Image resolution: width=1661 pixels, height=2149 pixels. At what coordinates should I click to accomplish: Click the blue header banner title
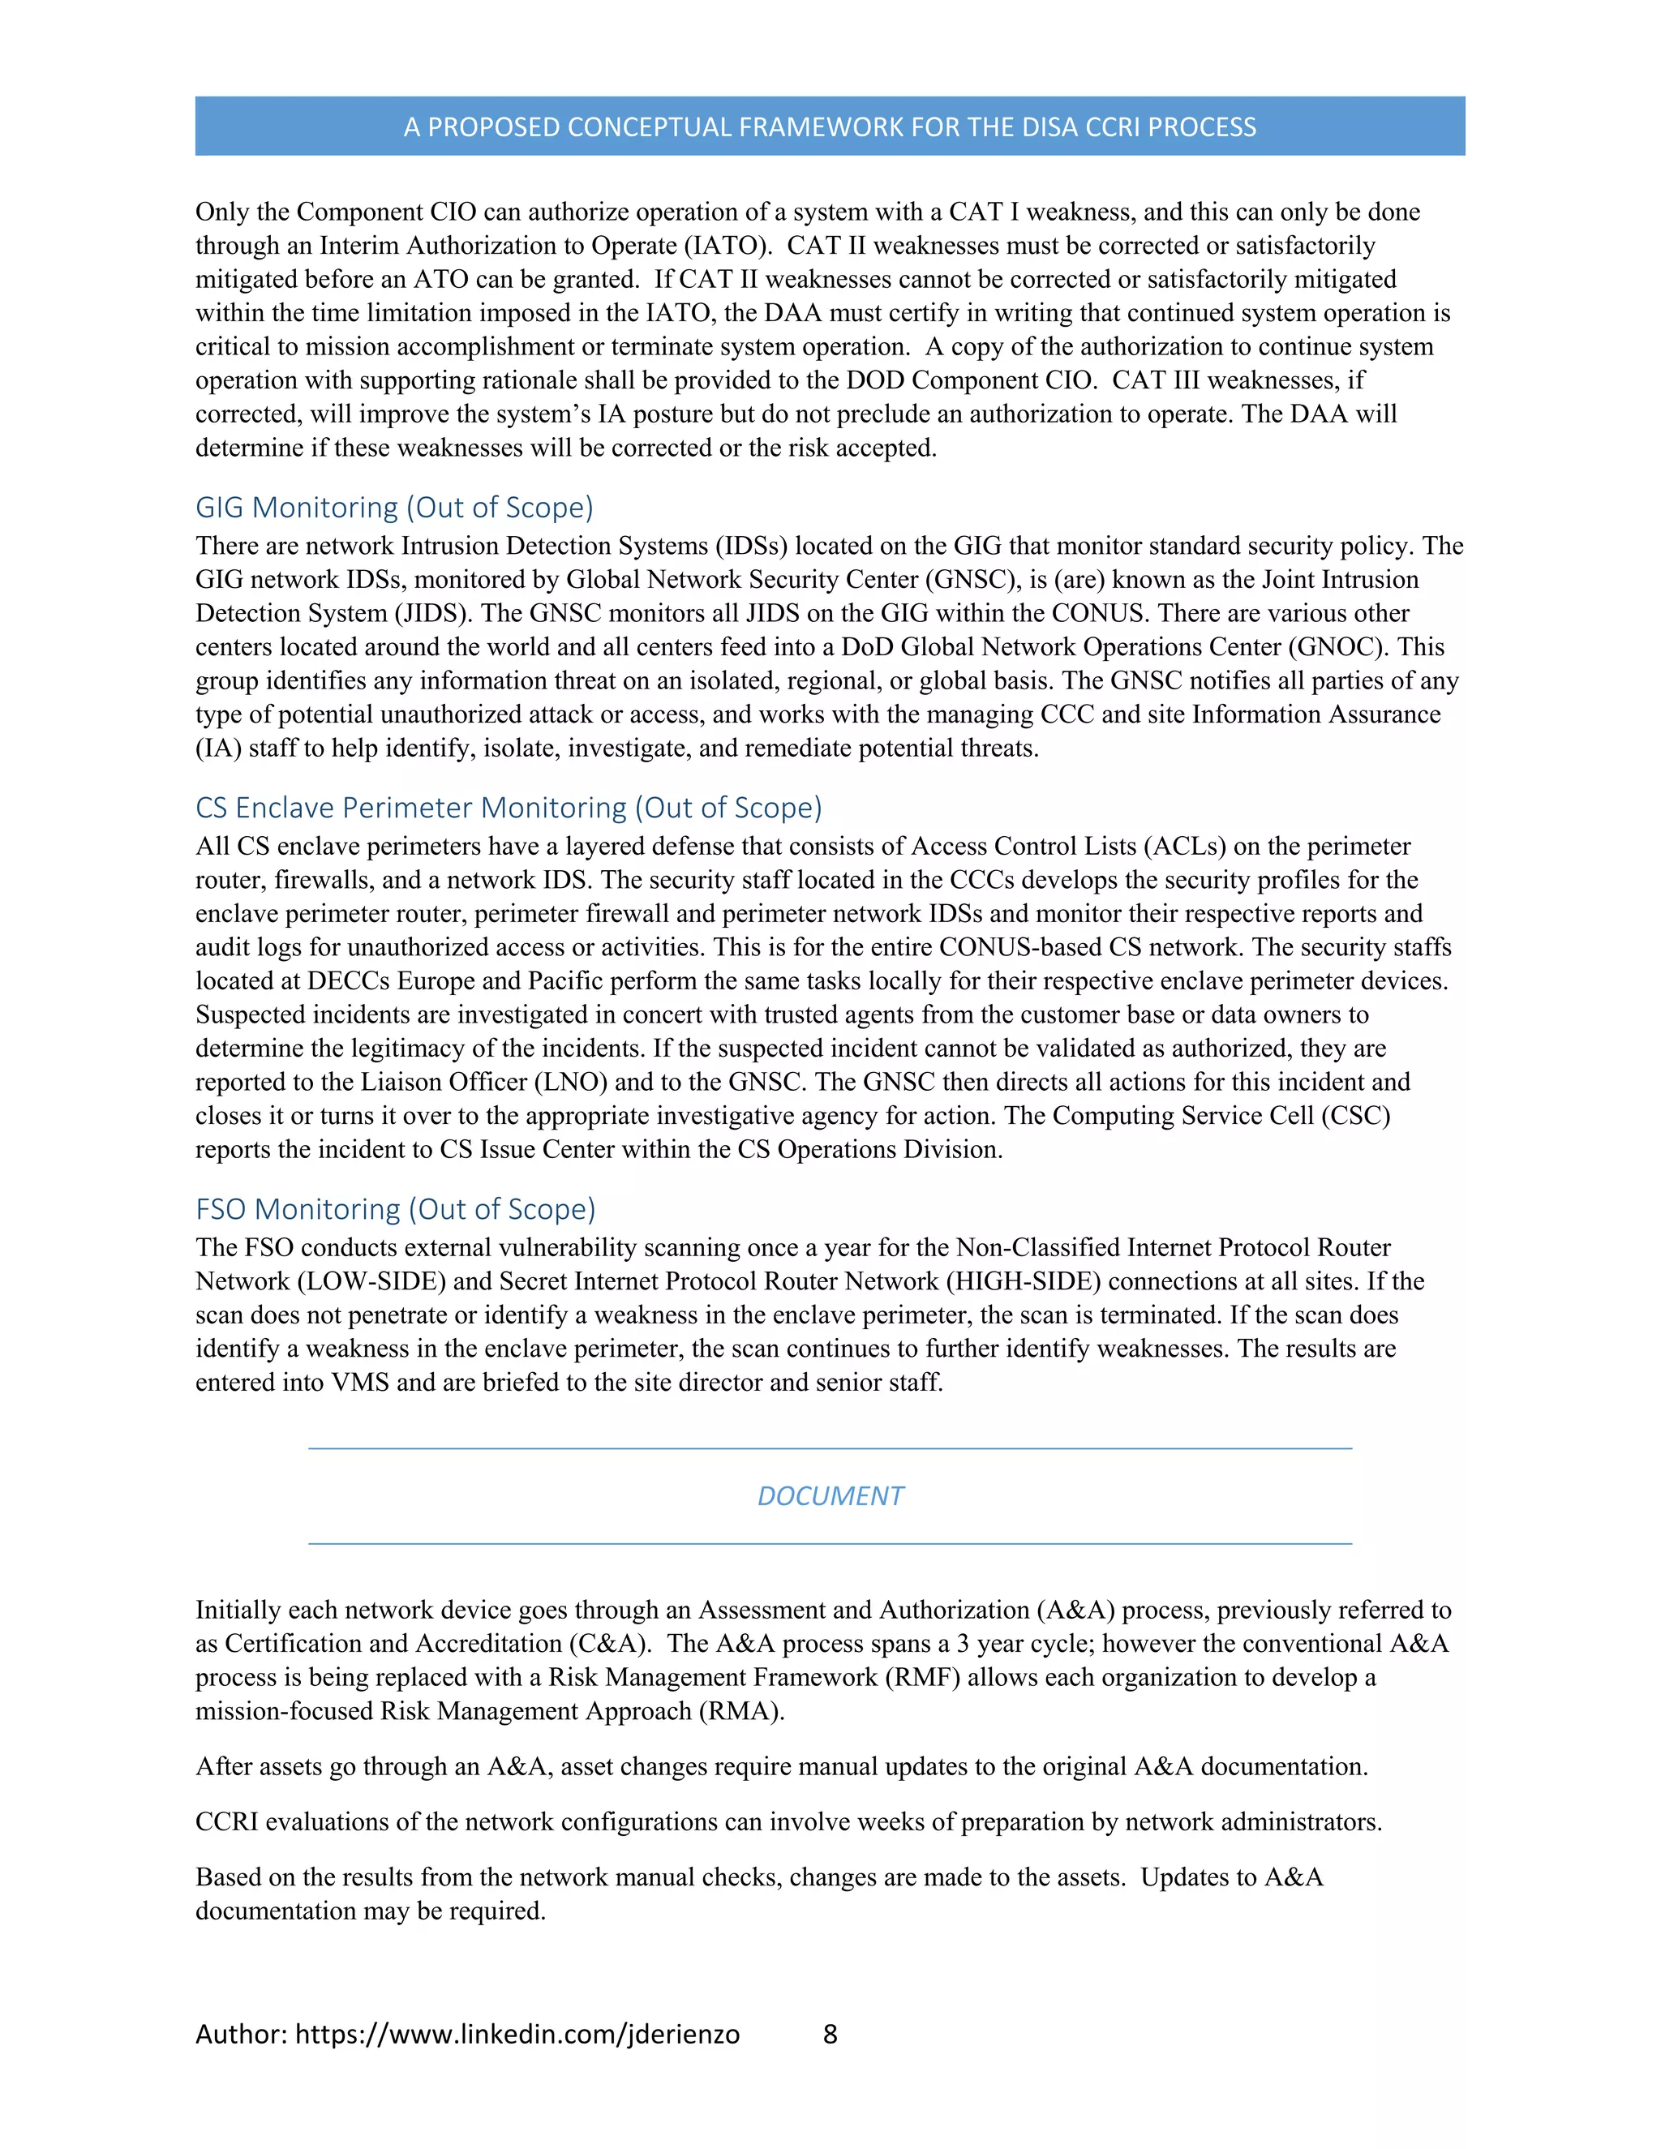(830, 127)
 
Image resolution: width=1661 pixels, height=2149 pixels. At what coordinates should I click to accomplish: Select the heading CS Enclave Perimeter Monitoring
(508, 808)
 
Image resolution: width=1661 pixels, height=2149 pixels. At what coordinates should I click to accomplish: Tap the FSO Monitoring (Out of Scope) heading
(396, 1209)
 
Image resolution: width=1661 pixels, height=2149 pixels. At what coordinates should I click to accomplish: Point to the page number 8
(830, 2034)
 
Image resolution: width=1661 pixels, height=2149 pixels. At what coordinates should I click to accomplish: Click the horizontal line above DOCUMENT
(830, 1448)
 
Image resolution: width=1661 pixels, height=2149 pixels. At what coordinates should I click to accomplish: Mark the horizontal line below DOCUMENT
(830, 1544)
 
